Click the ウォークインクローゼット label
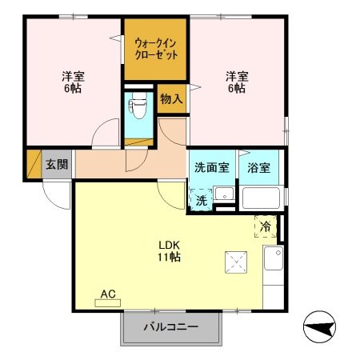coord(156,47)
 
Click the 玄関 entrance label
coord(56,166)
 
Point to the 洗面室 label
coord(212,168)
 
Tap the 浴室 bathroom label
coord(258,168)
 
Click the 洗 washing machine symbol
coord(202,200)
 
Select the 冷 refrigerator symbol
coord(265,226)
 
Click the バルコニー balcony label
coord(170,326)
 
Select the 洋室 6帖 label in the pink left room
coord(74,82)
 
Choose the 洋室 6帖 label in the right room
coord(235,82)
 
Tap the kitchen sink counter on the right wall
coord(274,260)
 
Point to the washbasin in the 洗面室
coord(225,194)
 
